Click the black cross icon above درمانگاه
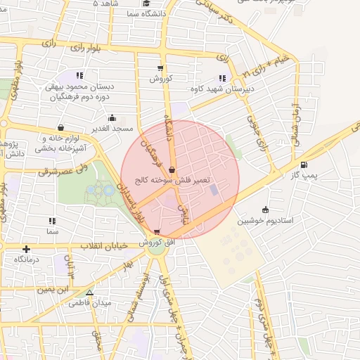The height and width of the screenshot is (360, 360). point(26,249)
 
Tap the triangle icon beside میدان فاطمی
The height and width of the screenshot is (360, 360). point(89,292)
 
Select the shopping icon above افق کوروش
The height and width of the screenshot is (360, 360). point(156,231)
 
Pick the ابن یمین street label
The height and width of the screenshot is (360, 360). point(53,289)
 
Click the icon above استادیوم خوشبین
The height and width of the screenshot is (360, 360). point(265,210)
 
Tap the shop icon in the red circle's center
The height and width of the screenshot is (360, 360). point(172,169)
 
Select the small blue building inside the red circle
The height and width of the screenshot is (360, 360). point(214,190)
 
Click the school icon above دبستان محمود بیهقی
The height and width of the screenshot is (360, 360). point(79,75)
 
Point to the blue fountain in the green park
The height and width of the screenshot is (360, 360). point(108,188)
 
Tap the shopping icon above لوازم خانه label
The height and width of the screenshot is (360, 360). point(60,128)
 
